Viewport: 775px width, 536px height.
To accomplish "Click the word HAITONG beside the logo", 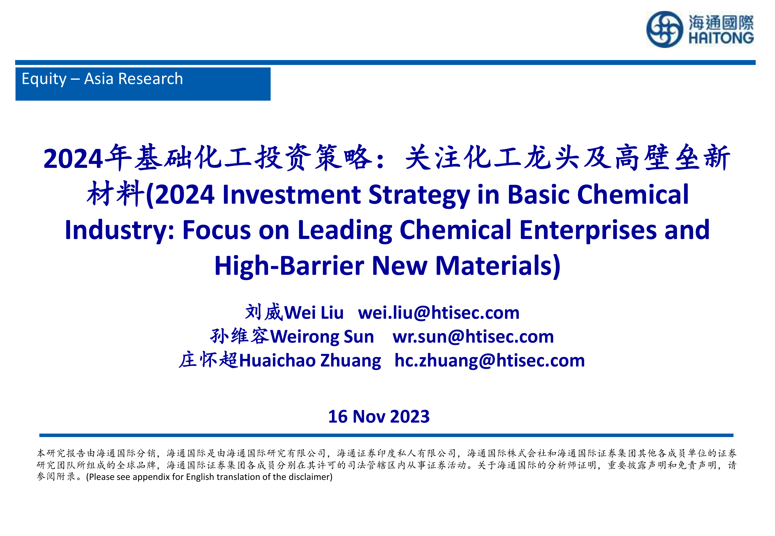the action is click(721, 38).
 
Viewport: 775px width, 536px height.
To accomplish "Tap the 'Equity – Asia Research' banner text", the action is click(102, 79).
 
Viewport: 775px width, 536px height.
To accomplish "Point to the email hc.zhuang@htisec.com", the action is click(490, 361).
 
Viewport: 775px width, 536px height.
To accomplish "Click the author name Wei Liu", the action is click(314, 313).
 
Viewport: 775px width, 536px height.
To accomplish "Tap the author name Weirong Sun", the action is click(322, 337).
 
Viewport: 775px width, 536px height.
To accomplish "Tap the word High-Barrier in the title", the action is click(289, 266).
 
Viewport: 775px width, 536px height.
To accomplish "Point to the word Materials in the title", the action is click(494, 266).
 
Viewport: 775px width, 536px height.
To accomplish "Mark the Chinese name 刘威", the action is click(264, 312).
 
